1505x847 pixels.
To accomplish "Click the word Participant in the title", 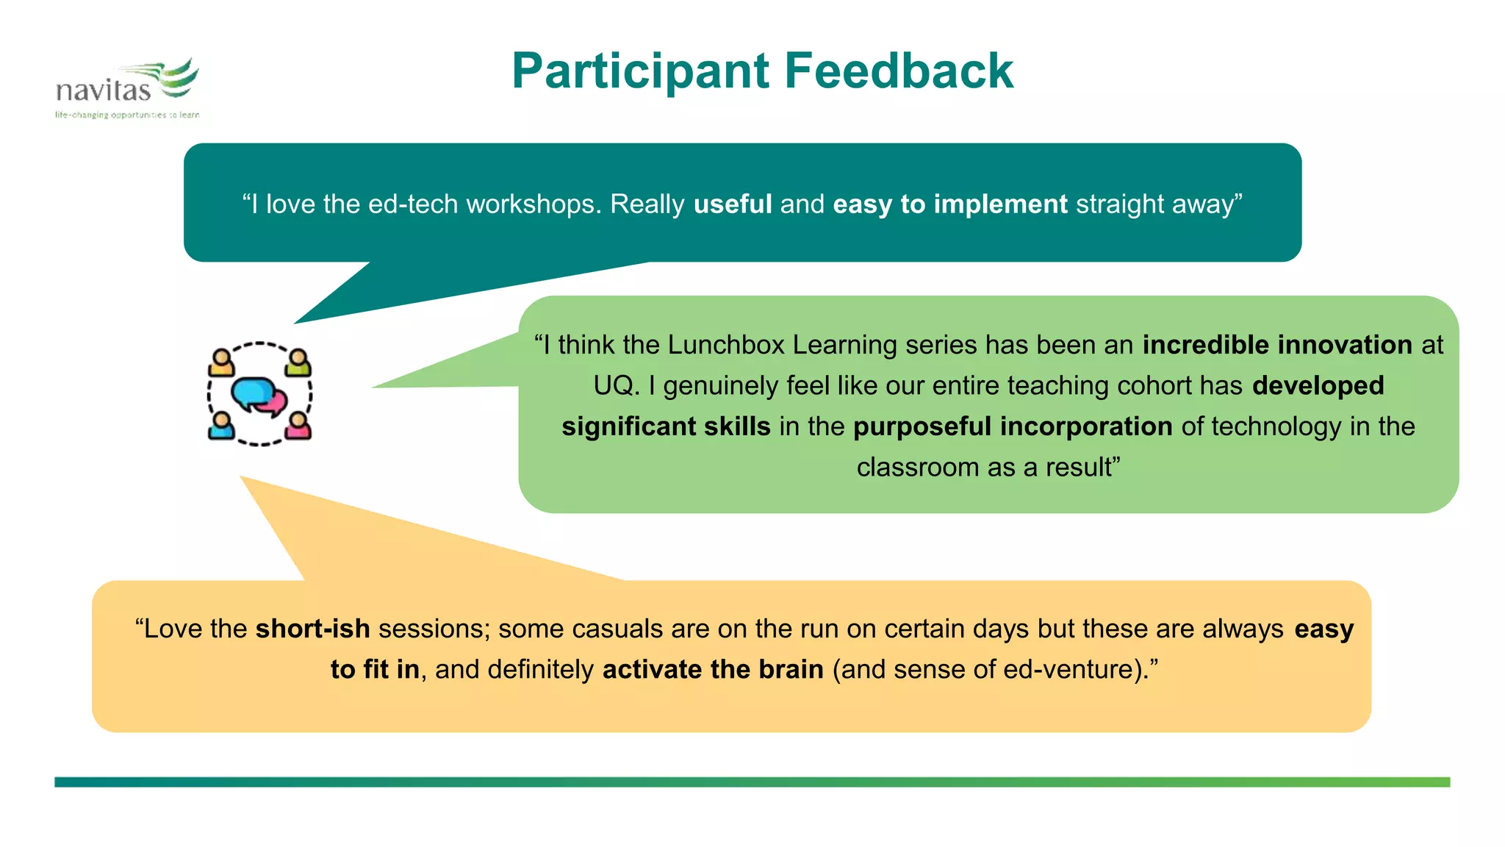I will coord(640,72).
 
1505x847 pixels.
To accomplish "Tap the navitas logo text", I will coord(103,90).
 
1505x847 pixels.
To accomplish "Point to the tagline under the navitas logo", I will coord(127,115).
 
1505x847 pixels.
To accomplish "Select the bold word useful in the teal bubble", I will coord(733,204).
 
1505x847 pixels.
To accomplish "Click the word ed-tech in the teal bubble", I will coord(413,204).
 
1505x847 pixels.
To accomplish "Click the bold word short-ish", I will coord(312,629).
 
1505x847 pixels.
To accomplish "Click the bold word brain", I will coord(791,669).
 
